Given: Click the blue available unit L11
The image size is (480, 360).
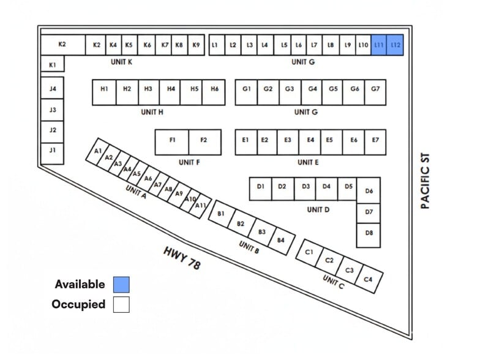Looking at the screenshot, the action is [379, 45].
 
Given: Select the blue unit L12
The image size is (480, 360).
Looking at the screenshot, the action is [396, 45].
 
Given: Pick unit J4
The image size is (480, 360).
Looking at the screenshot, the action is [53, 88].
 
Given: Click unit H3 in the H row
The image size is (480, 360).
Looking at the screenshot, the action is [149, 92].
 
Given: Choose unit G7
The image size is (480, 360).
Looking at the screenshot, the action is [375, 92].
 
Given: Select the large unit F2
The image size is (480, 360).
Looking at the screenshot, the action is [204, 142].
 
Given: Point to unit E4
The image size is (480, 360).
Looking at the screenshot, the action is [310, 142].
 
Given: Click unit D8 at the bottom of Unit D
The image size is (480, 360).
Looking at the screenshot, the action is [369, 235].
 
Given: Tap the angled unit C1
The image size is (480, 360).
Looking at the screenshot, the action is [310, 253].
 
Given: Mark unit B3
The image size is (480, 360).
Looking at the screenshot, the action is [262, 233].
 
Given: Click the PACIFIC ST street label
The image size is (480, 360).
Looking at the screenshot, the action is [425, 181].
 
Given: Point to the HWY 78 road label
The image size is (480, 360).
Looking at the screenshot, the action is [182, 258].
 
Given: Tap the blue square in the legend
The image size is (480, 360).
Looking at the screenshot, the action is [121, 284].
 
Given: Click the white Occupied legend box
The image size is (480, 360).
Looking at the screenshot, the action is [121, 304].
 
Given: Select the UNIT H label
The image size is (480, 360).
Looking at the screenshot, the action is [152, 112].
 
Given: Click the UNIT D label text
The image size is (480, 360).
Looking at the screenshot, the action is [318, 209].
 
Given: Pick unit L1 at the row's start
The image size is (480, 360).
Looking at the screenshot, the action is [217, 45].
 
